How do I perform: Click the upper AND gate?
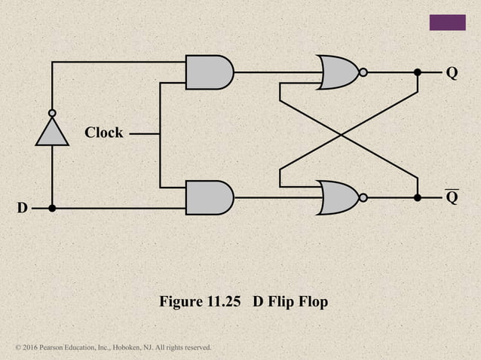pyautogui.click(x=209, y=72)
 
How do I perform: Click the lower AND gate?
pyautogui.click(x=209, y=197)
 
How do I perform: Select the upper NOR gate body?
pyautogui.click(x=338, y=72)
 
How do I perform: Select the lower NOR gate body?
pyautogui.click(x=338, y=197)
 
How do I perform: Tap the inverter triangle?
pyautogui.click(x=51, y=133)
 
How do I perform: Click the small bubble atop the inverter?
pyautogui.click(x=51, y=114)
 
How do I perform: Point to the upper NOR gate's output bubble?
pyautogui.click(x=363, y=72)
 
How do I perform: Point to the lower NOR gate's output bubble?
pyautogui.click(x=363, y=197)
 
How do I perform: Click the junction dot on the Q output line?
pyautogui.click(x=417, y=72)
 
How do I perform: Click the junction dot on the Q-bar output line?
pyautogui.click(x=417, y=197)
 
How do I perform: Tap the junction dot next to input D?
pyautogui.click(x=51, y=208)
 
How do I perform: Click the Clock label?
pyautogui.click(x=103, y=133)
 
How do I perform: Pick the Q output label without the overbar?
pyautogui.click(x=452, y=73)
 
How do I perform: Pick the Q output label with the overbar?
pyautogui.click(x=452, y=198)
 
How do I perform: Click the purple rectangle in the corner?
pyautogui.click(x=447, y=23)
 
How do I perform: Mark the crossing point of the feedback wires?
pyautogui.click(x=342, y=135)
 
